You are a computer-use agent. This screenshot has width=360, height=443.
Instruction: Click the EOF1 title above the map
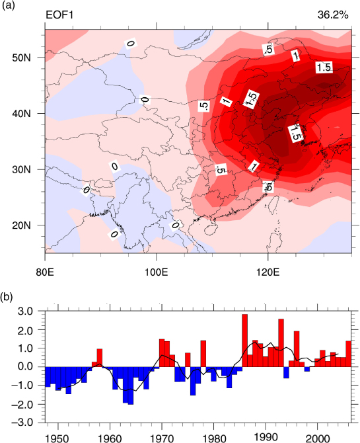tap(59, 15)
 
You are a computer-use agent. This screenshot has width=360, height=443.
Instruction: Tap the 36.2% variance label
tap(333, 15)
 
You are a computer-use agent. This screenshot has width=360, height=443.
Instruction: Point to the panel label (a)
tap(8, 5)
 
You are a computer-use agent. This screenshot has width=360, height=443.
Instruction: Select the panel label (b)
tap(8, 297)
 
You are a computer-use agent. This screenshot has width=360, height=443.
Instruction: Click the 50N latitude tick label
tap(21, 58)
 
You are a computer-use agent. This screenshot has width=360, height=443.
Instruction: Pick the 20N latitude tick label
tap(21, 225)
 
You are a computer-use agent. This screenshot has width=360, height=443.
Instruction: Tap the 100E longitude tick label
tap(156, 272)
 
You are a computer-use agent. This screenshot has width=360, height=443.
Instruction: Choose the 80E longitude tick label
tap(45, 272)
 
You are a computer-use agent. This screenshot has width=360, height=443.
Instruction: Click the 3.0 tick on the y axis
tap(26, 311)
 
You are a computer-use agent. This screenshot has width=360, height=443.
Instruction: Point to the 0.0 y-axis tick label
tap(26, 367)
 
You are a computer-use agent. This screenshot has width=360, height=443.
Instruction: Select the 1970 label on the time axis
tap(162, 438)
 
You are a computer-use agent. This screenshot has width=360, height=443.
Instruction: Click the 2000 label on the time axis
tap(318, 438)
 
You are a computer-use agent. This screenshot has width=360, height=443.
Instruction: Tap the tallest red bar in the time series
tap(245, 341)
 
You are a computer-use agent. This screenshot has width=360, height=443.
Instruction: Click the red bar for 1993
tap(281, 343)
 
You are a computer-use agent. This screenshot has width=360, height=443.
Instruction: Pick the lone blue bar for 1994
tap(286, 372)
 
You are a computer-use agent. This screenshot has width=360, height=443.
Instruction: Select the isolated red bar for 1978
tap(203, 354)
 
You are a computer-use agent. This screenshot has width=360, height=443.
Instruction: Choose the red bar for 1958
tap(99, 358)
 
